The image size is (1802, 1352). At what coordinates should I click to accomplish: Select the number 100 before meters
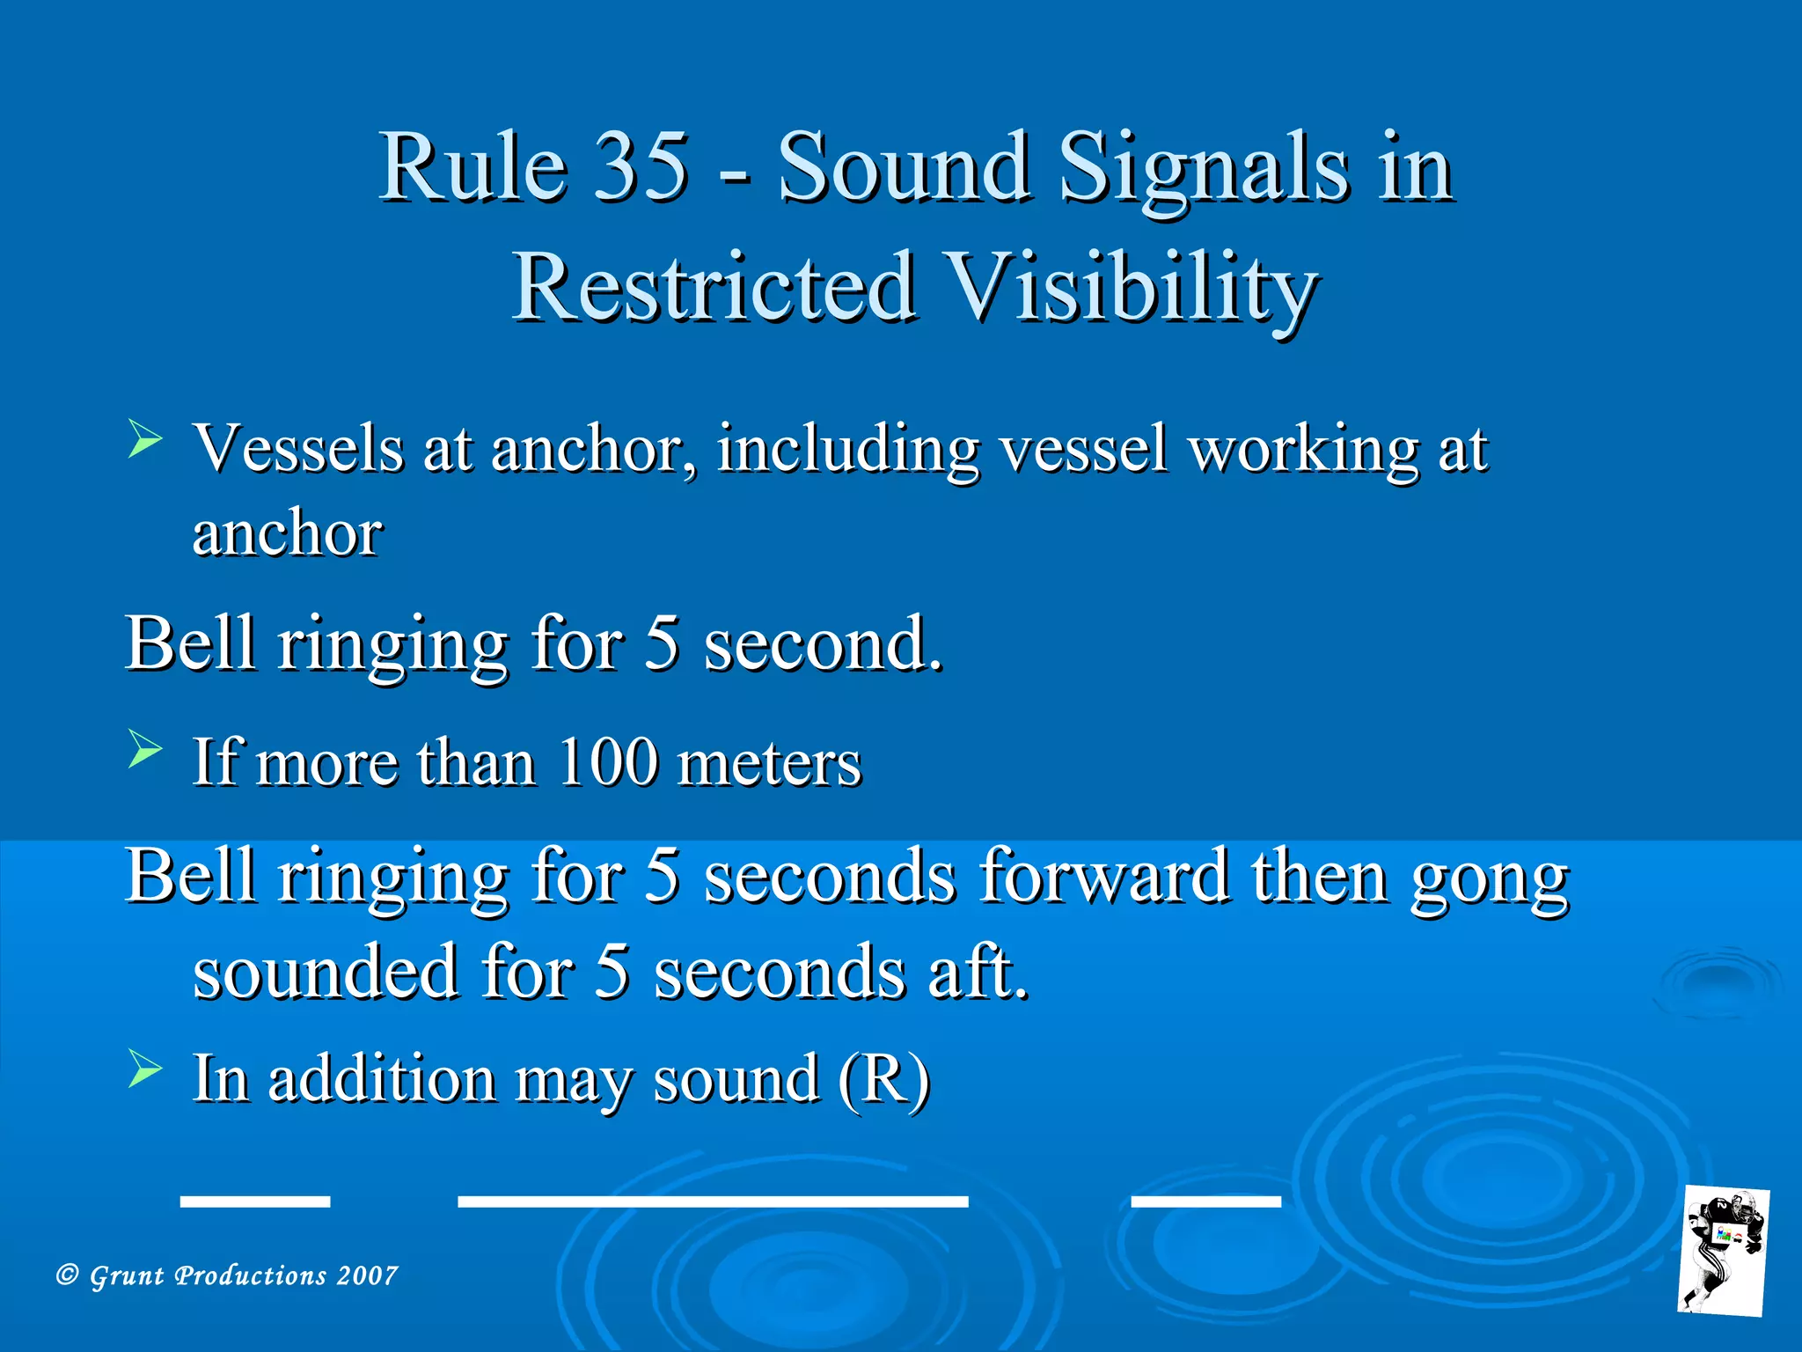click(608, 762)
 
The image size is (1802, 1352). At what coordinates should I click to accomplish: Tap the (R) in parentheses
click(883, 1080)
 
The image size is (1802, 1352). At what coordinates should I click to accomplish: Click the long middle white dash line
click(713, 1201)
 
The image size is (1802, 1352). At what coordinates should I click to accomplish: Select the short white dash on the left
click(255, 1201)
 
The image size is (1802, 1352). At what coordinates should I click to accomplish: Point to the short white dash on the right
click(1205, 1199)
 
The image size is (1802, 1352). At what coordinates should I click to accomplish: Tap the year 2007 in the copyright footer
click(367, 1275)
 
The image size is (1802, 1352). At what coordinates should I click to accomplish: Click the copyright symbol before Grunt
click(68, 1275)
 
